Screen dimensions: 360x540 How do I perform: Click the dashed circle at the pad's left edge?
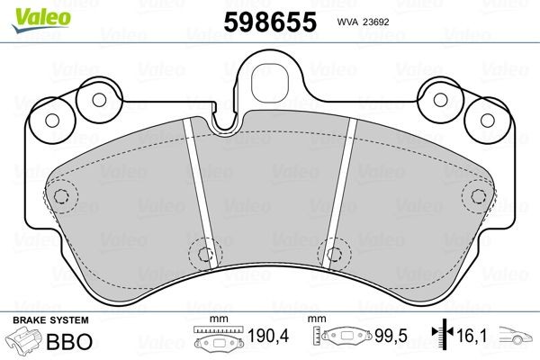point(61,196)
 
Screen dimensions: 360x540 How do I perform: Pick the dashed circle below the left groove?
point(202,253)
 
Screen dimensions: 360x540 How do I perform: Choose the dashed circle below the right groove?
point(335,253)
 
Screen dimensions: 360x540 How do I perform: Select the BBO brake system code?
point(66,342)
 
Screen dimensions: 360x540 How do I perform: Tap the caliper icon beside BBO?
point(24,343)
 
